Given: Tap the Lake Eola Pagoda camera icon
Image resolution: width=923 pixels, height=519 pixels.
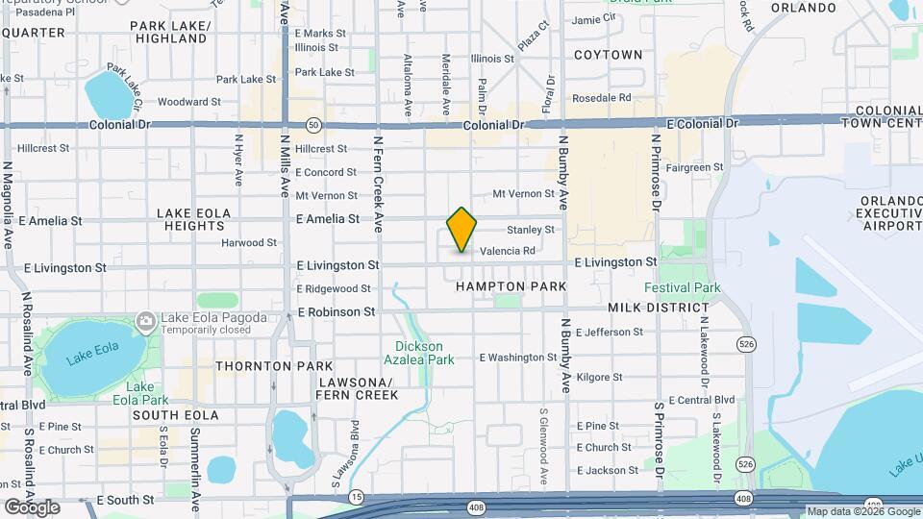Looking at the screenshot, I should tap(145, 320).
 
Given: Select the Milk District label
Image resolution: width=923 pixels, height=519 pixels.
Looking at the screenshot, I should tap(658, 308).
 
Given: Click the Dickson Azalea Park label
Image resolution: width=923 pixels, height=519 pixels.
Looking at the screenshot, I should tap(425, 353).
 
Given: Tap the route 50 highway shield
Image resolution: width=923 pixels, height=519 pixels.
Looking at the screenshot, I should tap(313, 125).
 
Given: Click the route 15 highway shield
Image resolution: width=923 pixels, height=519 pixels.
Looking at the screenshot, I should tap(357, 497).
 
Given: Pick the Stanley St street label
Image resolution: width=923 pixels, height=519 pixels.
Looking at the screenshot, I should tap(531, 230).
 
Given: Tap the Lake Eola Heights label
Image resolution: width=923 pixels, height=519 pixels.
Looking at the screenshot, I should tap(193, 219).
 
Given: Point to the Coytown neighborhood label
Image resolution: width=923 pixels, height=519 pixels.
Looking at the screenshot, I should tap(608, 55).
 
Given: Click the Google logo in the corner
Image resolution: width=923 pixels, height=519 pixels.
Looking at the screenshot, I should tap(31, 507).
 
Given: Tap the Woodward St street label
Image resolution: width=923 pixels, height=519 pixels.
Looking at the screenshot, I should tap(189, 101).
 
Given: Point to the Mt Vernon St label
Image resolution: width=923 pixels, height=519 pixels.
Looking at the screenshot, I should tap(524, 194).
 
